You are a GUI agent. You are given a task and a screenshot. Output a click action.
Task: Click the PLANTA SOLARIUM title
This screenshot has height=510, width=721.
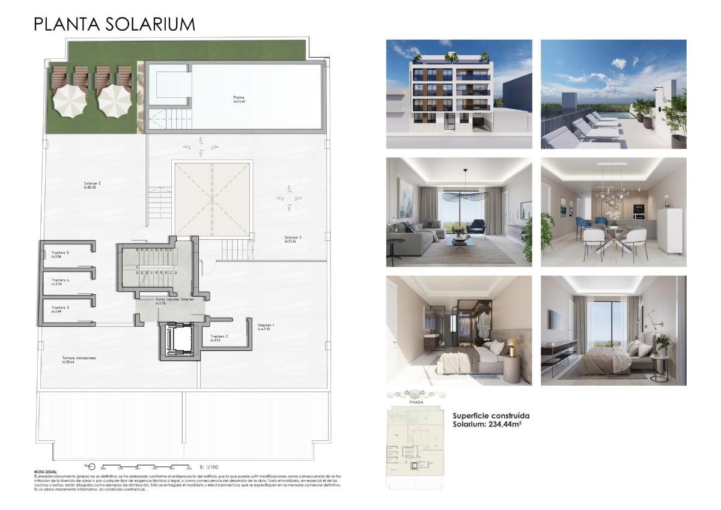pyautogui.click(x=114, y=24)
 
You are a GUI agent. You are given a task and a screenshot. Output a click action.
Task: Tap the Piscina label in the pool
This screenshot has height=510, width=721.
pyautogui.click(x=239, y=97)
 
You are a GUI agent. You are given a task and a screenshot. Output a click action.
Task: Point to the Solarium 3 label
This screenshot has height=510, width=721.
pyautogui.click(x=293, y=237)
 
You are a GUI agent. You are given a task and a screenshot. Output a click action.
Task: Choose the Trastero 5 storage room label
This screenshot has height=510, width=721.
pyautogui.click(x=60, y=253)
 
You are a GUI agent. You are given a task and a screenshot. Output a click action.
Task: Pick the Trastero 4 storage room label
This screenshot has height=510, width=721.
pyautogui.click(x=60, y=280)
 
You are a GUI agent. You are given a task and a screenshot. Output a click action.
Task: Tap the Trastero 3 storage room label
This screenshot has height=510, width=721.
pyautogui.click(x=60, y=308)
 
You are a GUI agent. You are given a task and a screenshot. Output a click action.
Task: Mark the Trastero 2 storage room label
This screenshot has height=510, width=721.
pyautogui.click(x=219, y=336)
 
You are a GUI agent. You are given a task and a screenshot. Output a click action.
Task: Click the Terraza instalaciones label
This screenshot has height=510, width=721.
pyautogui.click(x=79, y=358)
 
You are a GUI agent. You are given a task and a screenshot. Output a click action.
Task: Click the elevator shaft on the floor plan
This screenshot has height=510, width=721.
pyautogui.click(x=177, y=341)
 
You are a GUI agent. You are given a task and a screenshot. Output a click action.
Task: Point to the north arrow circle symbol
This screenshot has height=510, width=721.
pyautogui.click(x=91, y=466)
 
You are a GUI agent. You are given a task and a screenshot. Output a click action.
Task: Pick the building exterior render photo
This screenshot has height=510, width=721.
pyautogui.click(x=458, y=94)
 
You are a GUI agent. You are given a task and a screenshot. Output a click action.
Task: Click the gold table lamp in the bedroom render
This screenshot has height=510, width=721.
pyautogui.click(x=512, y=346)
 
